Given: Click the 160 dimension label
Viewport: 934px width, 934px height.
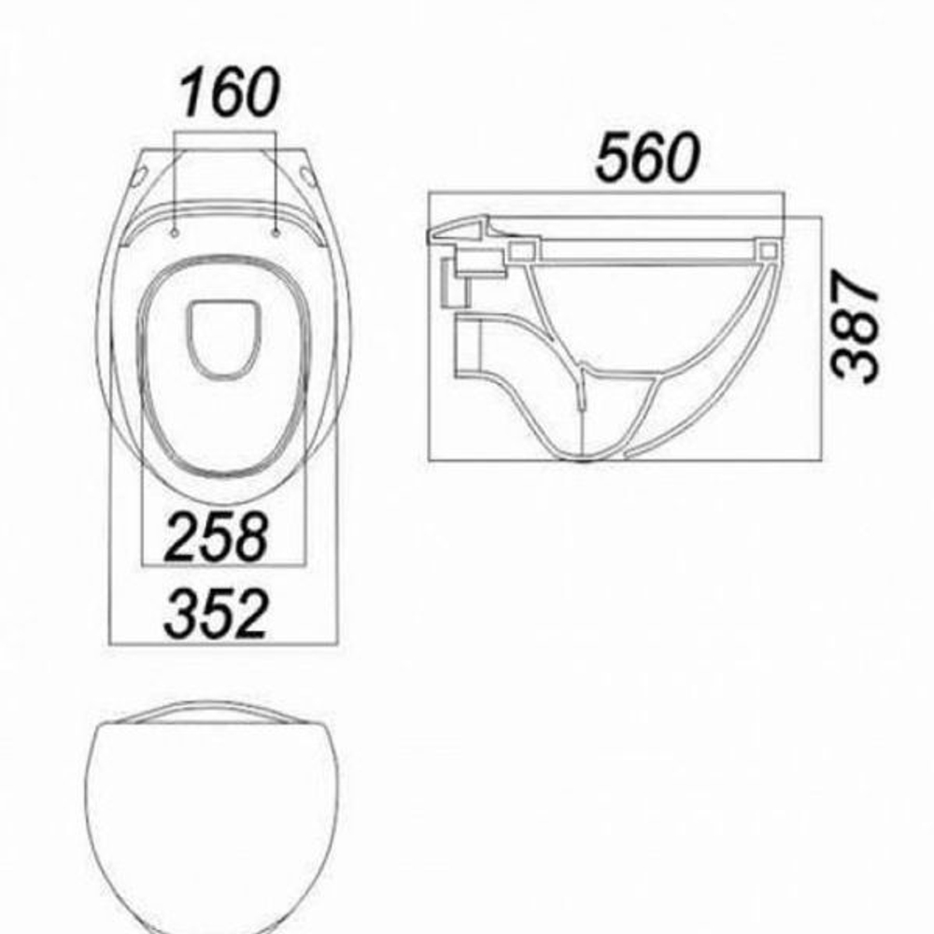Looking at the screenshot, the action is tap(229, 92).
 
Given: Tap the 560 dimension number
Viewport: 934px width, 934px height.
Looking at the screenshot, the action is tap(647, 157).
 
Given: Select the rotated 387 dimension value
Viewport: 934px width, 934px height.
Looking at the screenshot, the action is tap(856, 325).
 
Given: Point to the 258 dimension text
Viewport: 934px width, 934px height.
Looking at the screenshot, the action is tap(216, 537).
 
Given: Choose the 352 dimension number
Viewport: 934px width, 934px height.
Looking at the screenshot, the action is tap(216, 614).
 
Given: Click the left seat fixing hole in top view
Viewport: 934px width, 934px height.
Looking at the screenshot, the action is tap(175, 233).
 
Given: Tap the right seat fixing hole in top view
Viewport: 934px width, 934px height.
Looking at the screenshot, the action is tap(276, 233).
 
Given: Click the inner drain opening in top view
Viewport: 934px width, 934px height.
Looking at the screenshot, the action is tap(224, 340).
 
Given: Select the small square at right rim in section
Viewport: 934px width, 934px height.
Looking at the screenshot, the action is tap(768, 250).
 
